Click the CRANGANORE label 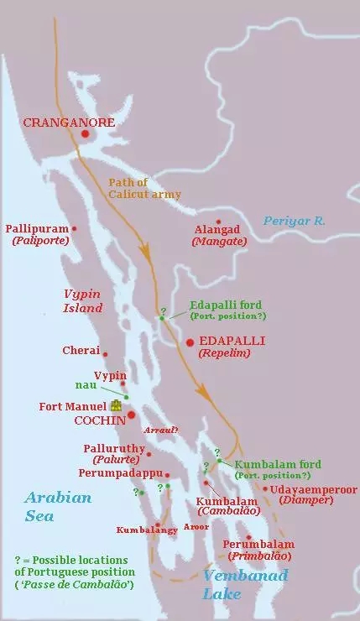click(69, 123)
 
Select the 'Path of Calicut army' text click(144, 188)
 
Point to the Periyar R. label click(294, 221)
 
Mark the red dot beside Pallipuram click(74, 228)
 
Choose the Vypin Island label click(83, 300)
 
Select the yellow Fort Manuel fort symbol click(117, 405)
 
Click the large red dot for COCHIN click(132, 415)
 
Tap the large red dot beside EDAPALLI click(190, 342)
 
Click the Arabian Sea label click(57, 506)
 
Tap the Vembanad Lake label click(244, 584)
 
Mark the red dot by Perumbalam click(248, 537)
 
